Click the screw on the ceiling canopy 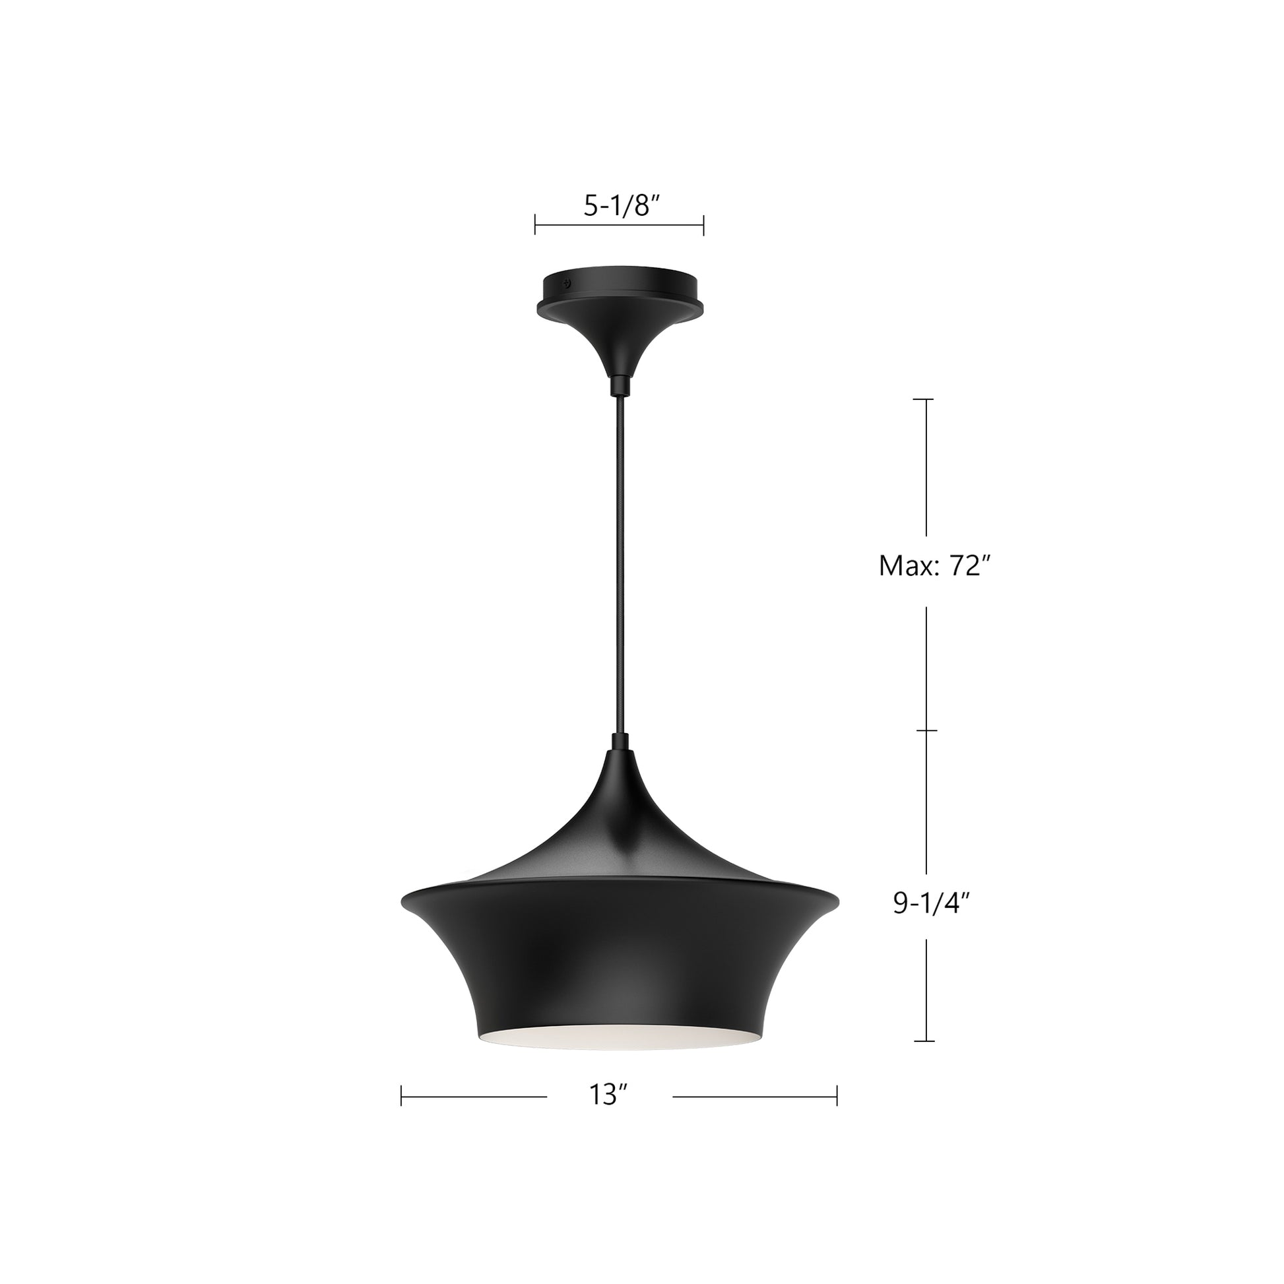567,282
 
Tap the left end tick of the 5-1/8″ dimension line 535,224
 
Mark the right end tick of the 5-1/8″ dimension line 704,224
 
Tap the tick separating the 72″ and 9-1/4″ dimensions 926,730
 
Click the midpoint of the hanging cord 620,565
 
